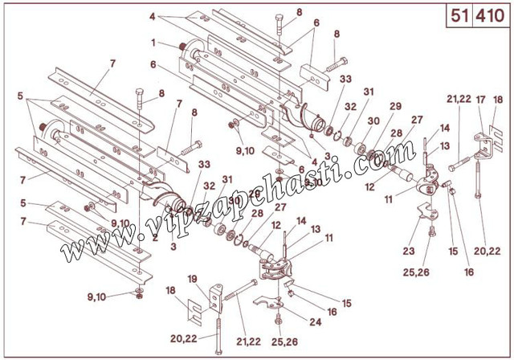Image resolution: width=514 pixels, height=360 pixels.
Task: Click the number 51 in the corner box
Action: coord(459,16)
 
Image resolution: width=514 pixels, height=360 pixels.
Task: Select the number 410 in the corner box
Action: coord(490,16)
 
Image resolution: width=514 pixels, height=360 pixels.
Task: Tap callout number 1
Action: coord(153,43)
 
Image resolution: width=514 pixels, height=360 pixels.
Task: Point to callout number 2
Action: coord(155,237)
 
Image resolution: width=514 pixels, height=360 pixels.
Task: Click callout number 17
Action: coord(480,100)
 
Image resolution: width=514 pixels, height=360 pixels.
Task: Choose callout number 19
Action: coord(193,279)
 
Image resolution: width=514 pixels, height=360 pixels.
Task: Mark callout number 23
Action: coord(409,252)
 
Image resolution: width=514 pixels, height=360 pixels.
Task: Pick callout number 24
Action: coord(316,322)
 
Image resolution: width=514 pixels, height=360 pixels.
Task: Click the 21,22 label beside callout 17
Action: coord(459,99)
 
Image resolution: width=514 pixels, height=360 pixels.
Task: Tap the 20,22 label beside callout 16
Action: coord(487,252)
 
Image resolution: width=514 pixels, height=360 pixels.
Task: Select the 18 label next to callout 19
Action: coord(170,291)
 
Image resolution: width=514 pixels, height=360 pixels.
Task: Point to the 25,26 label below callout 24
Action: coord(284,342)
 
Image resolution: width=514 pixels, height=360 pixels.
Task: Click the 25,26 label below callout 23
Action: coord(416,272)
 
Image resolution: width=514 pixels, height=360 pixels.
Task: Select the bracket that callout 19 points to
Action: coord(216,297)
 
